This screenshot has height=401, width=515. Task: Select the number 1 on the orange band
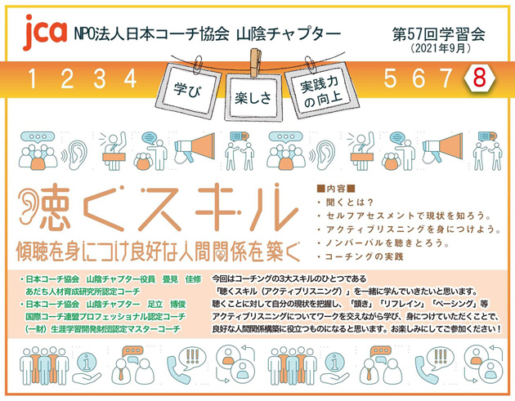click(34, 79)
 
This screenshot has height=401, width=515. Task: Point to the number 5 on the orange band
click(390, 78)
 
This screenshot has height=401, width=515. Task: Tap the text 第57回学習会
click(438, 35)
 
